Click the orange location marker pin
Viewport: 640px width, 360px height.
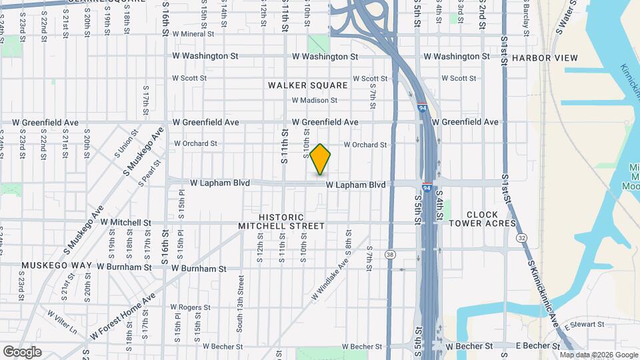320,159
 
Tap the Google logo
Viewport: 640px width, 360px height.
22,352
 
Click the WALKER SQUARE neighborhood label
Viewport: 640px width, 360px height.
308,85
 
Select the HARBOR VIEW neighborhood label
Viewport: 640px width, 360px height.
545,58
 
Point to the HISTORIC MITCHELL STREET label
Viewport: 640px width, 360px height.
281,222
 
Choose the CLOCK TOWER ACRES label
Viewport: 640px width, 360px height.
482,219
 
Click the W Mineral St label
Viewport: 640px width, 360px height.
193,33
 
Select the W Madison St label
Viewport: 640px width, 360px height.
314,101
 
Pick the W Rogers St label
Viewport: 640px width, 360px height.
190,308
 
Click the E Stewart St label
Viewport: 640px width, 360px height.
583,325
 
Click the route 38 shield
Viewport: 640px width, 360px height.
390,255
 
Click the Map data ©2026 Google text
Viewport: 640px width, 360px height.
599,355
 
